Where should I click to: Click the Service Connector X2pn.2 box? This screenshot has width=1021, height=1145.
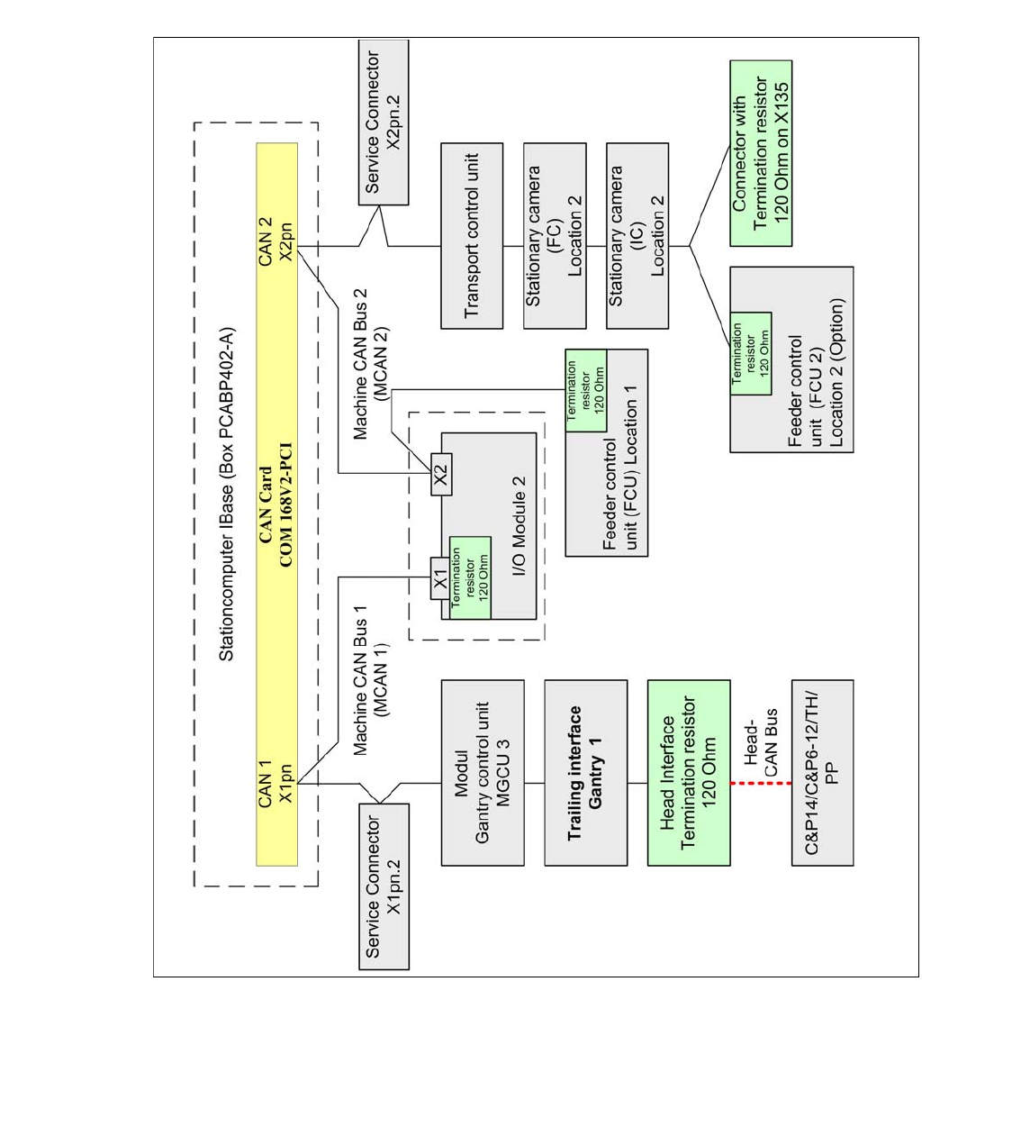pos(383,123)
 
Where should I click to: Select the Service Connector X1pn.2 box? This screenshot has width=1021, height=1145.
pos(384,886)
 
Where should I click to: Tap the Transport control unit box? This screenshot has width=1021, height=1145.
pos(472,236)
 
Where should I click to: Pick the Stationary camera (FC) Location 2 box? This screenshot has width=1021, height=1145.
pos(555,236)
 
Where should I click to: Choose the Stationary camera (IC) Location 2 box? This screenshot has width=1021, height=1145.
pos(637,236)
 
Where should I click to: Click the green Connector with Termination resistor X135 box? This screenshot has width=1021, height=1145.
pos(761,153)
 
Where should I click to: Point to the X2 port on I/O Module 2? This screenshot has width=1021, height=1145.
pos(441,474)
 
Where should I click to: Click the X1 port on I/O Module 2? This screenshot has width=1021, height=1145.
pos(440,578)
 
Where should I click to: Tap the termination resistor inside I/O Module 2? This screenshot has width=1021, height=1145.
pos(470,577)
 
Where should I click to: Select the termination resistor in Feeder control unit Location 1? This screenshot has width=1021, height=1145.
pos(586,390)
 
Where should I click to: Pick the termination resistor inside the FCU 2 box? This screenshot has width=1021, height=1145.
pos(750,354)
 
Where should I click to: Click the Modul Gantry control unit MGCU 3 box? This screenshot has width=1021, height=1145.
pos(483,773)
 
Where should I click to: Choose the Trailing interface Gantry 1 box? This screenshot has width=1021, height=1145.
pos(586,773)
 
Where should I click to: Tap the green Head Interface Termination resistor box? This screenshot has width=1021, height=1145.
pos(689,773)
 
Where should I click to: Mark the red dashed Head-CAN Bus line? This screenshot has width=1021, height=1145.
pos(761,783)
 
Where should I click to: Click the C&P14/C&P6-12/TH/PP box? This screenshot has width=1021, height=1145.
pos(823,773)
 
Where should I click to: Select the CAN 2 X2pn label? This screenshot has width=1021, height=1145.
pos(276,240)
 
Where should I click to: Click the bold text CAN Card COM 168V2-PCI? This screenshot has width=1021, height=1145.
pos(276,504)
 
